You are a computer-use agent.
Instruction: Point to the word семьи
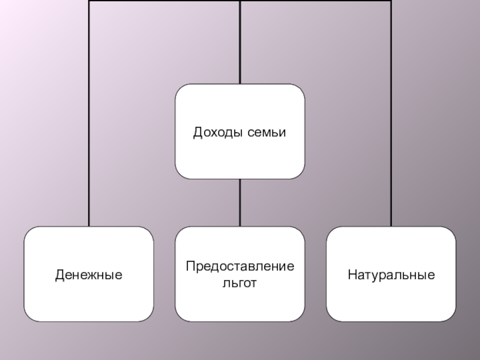point(266,131)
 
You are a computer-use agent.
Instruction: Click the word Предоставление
point(239,266)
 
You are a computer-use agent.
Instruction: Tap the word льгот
point(239,282)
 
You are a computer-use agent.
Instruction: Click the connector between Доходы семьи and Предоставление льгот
point(239,202)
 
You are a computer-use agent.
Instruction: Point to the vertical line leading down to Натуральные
point(391,120)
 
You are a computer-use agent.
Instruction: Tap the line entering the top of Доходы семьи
point(239,42)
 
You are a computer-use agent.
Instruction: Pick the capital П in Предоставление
point(190,266)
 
